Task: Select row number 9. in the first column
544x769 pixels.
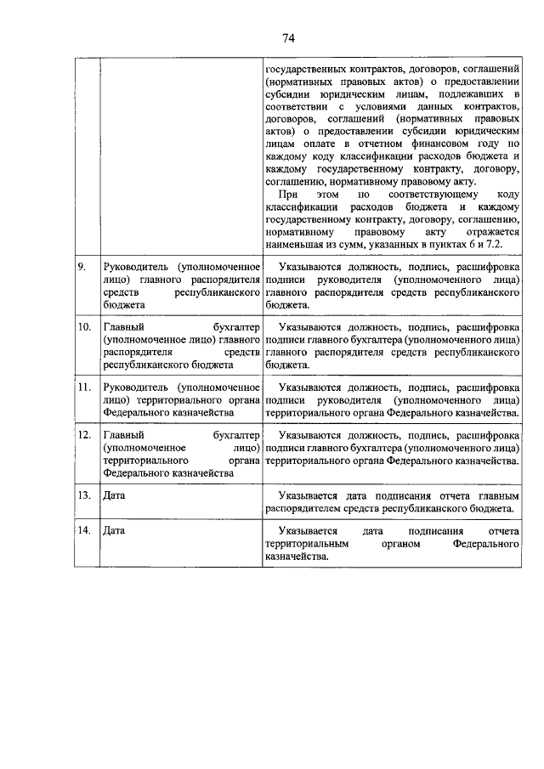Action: tap(82, 268)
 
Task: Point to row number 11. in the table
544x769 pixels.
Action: tap(83, 387)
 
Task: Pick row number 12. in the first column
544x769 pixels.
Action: tap(83, 435)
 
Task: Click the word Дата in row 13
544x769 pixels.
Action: tap(113, 495)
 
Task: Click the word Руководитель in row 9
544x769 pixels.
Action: tap(133, 268)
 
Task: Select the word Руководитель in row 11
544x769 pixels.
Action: tap(133, 387)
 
